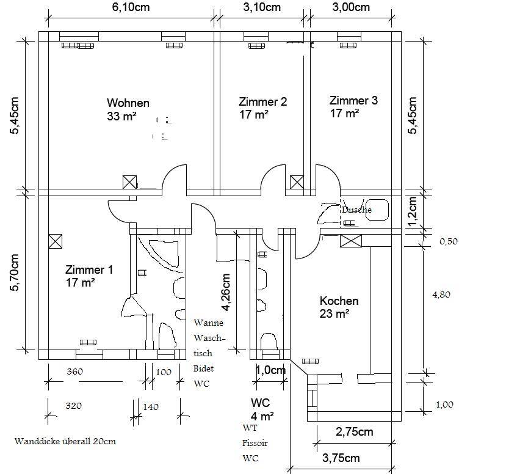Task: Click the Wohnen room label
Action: coord(128,103)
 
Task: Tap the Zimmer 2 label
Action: coord(263,101)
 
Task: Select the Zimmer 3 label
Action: coord(353,100)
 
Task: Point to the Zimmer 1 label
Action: coord(89,269)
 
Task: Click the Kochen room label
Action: coord(339,301)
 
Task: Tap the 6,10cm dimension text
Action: coord(131,7)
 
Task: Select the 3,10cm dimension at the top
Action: coord(262,7)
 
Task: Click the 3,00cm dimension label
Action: coord(351,7)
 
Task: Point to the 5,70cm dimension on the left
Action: coord(15,273)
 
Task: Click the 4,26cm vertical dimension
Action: coord(226,293)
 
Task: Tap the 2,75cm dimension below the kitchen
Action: coord(355,432)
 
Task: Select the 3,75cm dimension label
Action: coord(341,458)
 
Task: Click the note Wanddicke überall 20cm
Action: coord(65,442)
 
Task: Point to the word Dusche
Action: coord(356,210)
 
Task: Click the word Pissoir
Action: coord(255,444)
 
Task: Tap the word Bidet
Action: coord(203,368)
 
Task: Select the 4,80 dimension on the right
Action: coord(441,295)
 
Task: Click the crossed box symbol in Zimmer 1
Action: coord(55,241)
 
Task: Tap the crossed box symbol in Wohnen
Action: coord(129,182)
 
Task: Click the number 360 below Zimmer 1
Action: coord(75,372)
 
